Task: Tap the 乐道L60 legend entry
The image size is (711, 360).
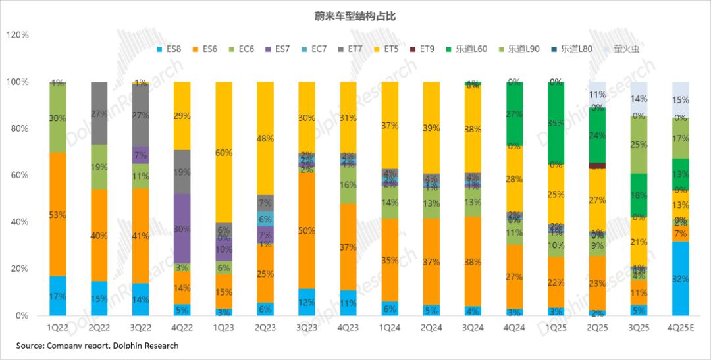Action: [472, 49]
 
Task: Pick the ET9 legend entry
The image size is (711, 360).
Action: [427, 49]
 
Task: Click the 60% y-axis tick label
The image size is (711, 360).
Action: [20, 175]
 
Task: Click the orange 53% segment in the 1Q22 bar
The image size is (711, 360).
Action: [58, 215]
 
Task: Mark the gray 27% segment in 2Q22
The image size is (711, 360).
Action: [99, 113]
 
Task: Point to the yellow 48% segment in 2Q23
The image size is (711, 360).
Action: [264, 138]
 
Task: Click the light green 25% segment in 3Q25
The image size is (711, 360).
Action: [639, 145]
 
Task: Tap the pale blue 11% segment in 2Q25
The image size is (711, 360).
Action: [597, 95]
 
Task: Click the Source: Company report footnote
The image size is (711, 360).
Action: [97, 346]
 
